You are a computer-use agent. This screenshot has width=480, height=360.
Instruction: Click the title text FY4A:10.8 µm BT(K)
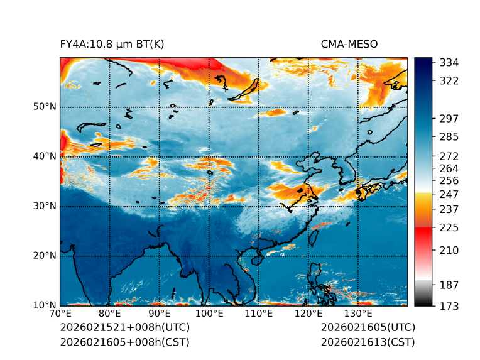click(x=112, y=44)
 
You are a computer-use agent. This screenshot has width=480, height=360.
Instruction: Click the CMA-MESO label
click(x=349, y=44)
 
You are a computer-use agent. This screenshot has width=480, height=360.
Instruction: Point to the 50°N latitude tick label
click(x=45, y=106)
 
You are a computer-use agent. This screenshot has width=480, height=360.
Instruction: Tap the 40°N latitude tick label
click(x=45, y=156)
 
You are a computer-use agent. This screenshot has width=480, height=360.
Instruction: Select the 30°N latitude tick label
click(x=45, y=205)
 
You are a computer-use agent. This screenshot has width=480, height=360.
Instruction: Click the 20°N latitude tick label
click(x=45, y=255)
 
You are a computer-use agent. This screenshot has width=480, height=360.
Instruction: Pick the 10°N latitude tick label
click(x=45, y=305)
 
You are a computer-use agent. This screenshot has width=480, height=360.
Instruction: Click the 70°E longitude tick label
click(x=60, y=314)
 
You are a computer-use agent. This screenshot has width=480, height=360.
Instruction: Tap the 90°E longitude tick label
click(x=160, y=314)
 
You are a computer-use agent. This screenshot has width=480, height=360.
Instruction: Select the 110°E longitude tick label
click(x=259, y=314)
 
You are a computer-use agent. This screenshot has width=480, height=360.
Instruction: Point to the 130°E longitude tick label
click(x=358, y=314)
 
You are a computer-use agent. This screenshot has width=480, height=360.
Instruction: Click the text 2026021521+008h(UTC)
click(x=124, y=327)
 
